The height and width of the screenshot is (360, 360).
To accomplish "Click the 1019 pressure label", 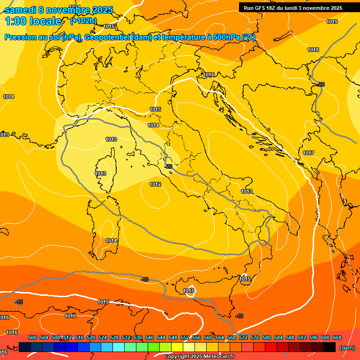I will tap(332, 22).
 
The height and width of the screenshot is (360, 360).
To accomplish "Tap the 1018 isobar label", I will tap(313, 50).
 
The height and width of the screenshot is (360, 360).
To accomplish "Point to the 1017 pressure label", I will tap(308, 153).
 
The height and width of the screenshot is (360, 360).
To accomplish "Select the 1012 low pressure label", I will tap(155, 184).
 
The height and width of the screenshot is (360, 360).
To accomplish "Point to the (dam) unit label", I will tap(346, 347).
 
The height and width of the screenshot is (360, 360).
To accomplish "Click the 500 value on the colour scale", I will tap(32, 337).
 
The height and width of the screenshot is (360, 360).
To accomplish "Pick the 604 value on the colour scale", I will tap(337, 337).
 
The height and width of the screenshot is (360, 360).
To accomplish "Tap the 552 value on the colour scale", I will tap(185, 337).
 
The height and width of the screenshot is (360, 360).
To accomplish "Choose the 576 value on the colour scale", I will tap(255, 337).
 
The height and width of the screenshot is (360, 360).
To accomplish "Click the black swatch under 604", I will tap(330, 347).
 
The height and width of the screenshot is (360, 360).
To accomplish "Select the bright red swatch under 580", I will tap(271, 347).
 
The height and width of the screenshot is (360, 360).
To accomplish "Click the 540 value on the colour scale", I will tap(150, 337).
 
